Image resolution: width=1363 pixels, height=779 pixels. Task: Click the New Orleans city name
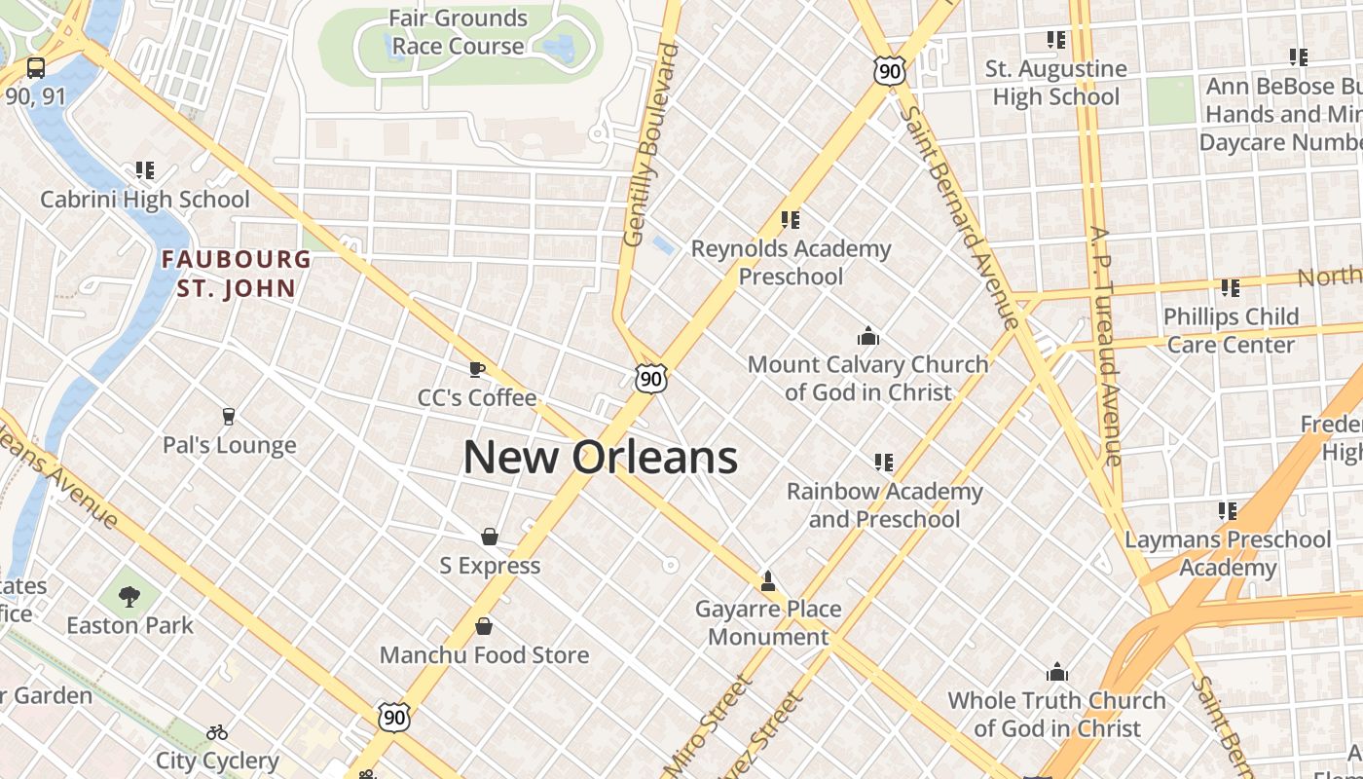[600, 457]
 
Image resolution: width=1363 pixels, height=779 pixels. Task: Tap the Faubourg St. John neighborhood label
[237, 274]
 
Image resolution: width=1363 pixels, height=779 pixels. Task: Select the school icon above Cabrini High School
[145, 171]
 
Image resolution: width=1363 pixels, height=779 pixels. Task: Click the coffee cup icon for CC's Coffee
[476, 369]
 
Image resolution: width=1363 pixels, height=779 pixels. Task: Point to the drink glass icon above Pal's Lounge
[229, 417]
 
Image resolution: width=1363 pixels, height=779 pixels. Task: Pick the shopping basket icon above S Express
[490, 537]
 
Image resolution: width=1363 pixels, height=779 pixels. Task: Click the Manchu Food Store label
[484, 655]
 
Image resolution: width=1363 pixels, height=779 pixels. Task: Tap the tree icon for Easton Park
[129, 596]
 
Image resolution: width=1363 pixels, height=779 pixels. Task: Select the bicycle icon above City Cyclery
[217, 732]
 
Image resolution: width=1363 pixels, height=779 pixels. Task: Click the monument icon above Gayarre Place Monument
[768, 581]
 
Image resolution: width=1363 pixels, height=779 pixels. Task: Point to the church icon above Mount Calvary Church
[867, 337]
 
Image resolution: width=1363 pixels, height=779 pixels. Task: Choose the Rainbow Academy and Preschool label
[884, 504]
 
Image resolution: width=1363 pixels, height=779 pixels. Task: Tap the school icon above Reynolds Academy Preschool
[790, 220]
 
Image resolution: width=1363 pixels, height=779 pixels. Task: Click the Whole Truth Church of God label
[1056, 714]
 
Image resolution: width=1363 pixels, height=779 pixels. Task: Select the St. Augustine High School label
[1056, 83]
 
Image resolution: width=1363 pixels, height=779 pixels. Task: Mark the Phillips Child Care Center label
[1231, 330]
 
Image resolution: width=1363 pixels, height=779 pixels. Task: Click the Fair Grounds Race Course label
[458, 32]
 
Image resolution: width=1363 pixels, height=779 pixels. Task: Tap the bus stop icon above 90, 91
[36, 68]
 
